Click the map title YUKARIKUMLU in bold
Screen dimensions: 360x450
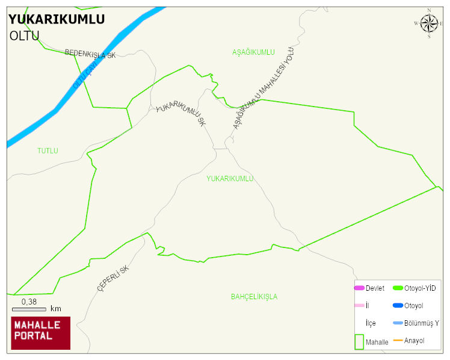pos(57,19)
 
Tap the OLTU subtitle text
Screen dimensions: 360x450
pos(25,36)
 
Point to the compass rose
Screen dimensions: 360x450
pos(429,23)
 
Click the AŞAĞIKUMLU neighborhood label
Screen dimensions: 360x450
pos(253,52)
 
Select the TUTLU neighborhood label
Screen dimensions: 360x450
pos(48,151)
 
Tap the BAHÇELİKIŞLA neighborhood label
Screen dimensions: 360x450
pos(254,297)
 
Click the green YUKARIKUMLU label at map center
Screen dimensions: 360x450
pos(230,179)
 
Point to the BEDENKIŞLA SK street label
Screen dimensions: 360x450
pos(90,54)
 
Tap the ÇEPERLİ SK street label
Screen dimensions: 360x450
pos(113,278)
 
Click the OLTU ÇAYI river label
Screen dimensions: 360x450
pos(85,77)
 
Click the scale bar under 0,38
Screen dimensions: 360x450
pos(29,309)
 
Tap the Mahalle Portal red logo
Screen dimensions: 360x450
pos(41,333)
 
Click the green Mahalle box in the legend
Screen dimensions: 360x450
pos(359,341)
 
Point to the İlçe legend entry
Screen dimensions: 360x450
pos(371,323)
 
